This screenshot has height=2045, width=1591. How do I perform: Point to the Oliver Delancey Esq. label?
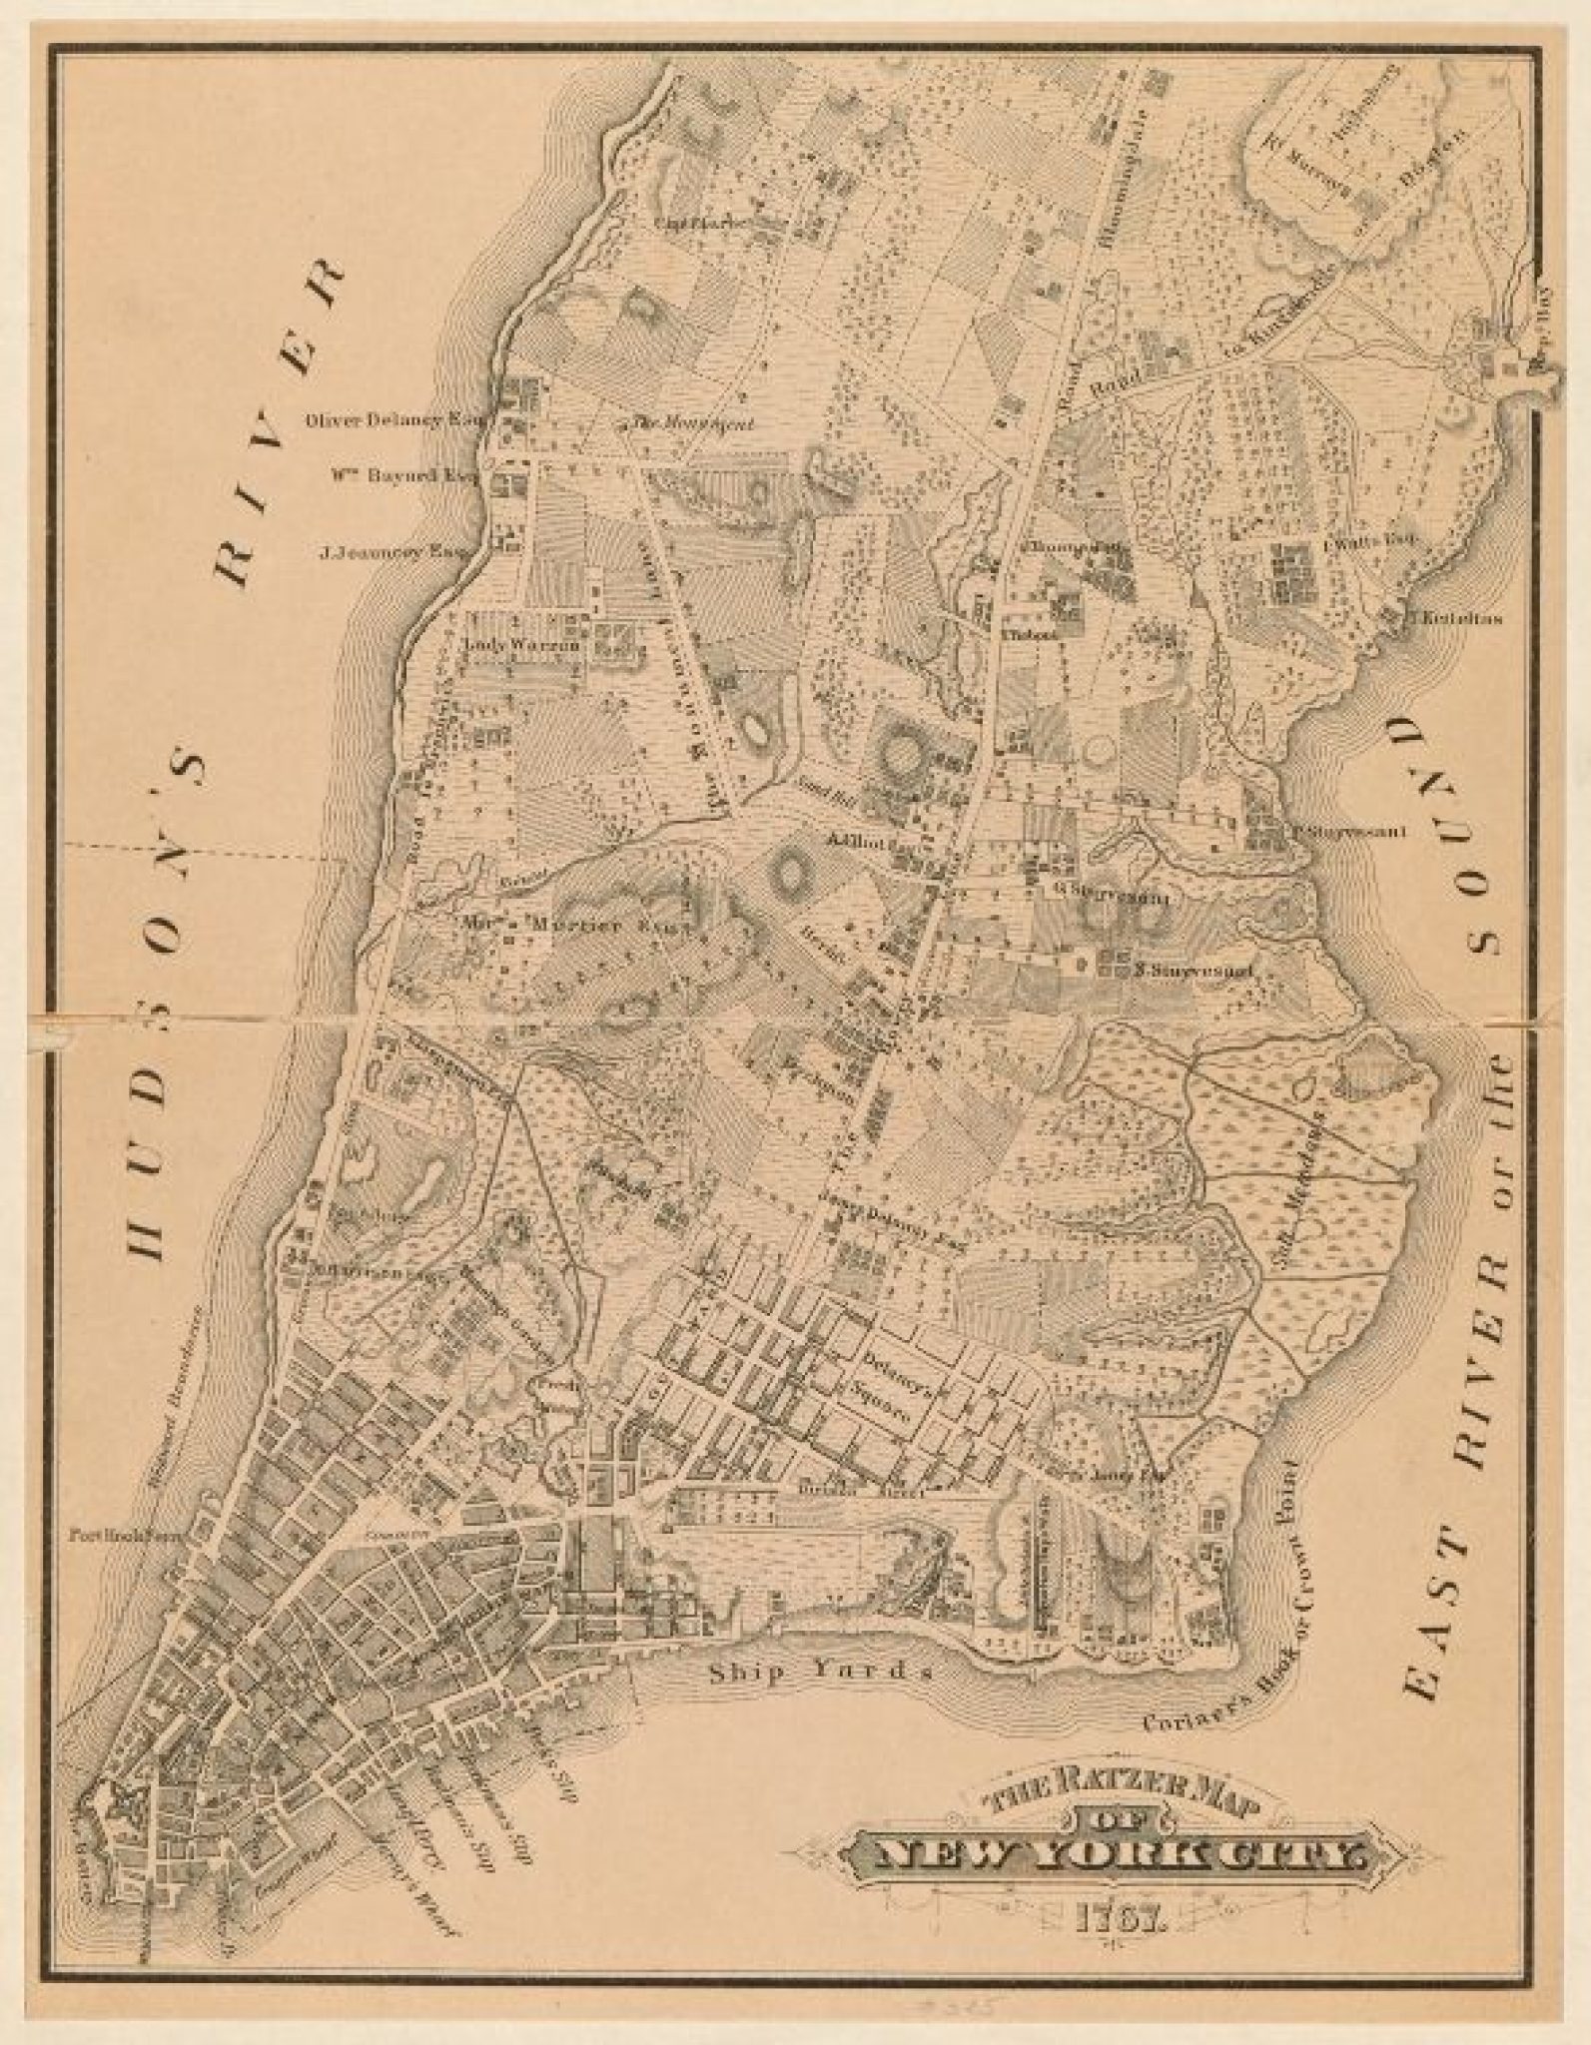pos(392,420)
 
